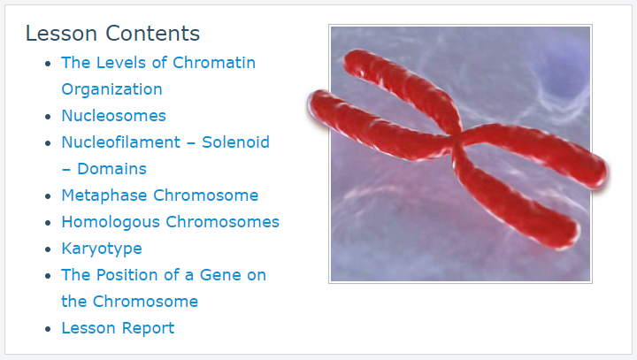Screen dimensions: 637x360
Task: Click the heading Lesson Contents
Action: (x=112, y=34)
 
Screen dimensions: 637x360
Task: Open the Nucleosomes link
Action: (x=114, y=116)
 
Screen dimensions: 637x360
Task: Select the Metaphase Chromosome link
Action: (x=159, y=195)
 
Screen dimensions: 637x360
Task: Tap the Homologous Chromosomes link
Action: (x=170, y=222)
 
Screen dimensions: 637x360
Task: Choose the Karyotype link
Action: (x=102, y=249)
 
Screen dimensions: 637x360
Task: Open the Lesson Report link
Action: (x=118, y=328)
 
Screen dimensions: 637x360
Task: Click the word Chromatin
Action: (x=214, y=63)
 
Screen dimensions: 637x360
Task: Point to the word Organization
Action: (x=111, y=89)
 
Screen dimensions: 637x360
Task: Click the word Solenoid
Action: (x=235, y=142)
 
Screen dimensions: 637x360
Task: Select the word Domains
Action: (x=111, y=169)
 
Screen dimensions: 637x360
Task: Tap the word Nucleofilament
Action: (x=120, y=142)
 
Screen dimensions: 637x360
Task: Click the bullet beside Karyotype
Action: (x=48, y=249)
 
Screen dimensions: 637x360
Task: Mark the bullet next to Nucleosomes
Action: (x=48, y=117)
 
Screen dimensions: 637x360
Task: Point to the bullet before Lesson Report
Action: (x=48, y=329)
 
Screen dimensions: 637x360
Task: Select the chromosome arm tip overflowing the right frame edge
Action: (x=600, y=171)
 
